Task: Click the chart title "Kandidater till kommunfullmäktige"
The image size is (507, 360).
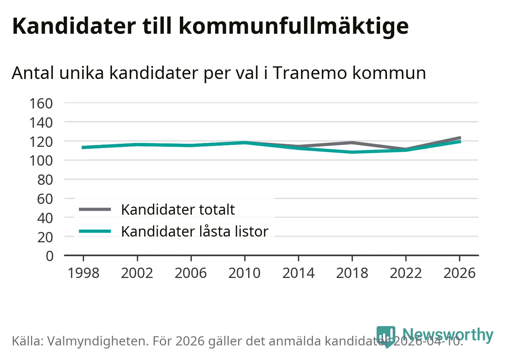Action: coord(210,26)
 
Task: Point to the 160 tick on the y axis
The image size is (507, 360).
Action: coord(41,103)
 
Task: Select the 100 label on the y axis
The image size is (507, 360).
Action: coord(41,160)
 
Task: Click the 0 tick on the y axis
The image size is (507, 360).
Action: coord(49,256)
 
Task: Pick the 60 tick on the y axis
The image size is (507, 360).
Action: coord(45,199)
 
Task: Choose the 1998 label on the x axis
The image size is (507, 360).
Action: coord(83,273)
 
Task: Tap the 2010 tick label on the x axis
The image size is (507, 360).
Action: coord(244,273)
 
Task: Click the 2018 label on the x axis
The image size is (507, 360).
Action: coord(352,273)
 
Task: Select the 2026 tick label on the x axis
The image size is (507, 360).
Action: coord(459,273)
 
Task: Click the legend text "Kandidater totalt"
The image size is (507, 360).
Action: coord(178,210)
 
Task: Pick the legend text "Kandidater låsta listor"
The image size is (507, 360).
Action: coord(194,232)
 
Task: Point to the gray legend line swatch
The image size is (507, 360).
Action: coord(95,209)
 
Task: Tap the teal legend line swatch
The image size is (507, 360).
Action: coord(95,231)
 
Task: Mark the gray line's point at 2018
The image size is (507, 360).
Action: coord(352,143)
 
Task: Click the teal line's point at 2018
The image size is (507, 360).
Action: coord(352,152)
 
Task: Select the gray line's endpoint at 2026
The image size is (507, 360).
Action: coord(459,138)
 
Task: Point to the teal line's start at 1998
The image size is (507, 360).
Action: coord(83,147)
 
